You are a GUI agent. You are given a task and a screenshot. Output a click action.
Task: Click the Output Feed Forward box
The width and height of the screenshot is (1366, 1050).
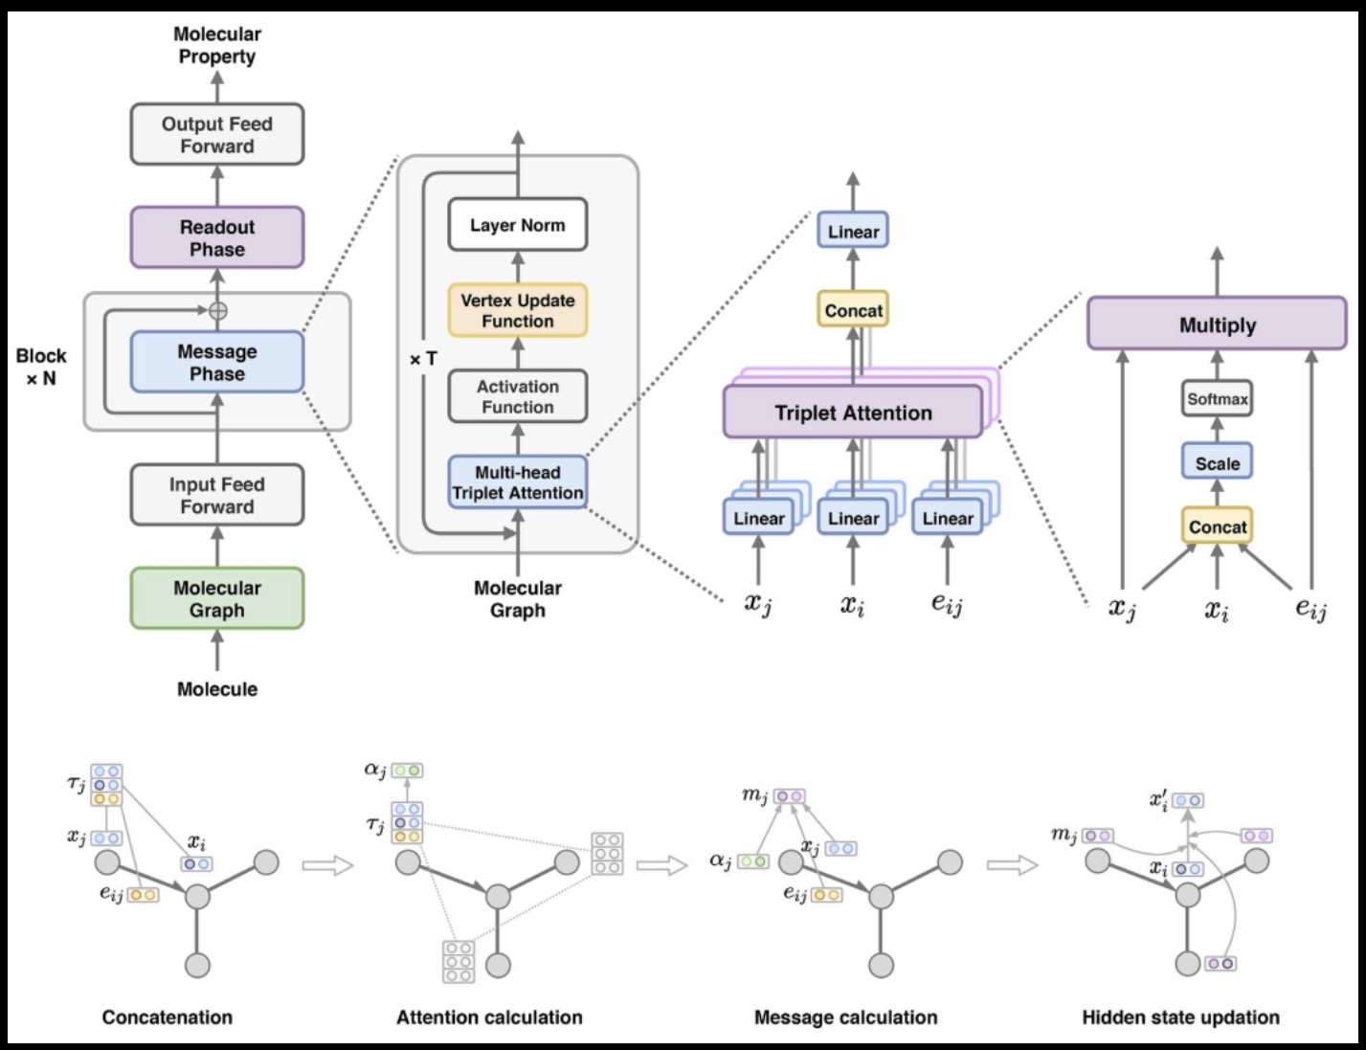(x=217, y=135)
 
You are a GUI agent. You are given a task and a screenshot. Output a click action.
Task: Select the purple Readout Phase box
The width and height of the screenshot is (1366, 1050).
(x=217, y=238)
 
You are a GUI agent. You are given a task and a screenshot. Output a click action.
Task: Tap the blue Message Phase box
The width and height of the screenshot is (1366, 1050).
(x=217, y=363)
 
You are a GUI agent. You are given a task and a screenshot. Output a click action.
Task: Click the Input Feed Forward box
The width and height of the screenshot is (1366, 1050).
(x=217, y=496)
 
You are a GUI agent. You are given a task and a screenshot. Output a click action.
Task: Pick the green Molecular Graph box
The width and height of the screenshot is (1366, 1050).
(x=217, y=599)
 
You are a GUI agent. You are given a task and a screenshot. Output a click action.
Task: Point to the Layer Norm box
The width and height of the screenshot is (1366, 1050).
(x=518, y=226)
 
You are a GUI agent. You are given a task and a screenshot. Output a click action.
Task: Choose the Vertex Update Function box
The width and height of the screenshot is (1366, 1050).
(x=518, y=311)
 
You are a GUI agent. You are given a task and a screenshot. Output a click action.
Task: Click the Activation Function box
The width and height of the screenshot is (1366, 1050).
(x=518, y=397)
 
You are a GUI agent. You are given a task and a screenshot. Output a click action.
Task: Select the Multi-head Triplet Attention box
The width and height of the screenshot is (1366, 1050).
(x=518, y=482)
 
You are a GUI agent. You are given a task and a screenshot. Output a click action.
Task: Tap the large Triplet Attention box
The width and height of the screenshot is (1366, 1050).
(x=853, y=413)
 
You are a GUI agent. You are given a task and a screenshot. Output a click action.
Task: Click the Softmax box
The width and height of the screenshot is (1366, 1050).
(x=1217, y=399)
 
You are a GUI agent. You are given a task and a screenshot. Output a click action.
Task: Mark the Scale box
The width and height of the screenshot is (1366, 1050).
(x=1217, y=463)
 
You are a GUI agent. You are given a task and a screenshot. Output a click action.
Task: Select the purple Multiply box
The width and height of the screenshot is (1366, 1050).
(x=1217, y=324)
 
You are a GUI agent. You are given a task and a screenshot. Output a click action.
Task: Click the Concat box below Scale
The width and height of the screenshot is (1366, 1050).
(x=1217, y=526)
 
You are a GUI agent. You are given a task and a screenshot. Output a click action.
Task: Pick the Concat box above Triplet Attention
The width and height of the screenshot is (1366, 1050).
(x=853, y=310)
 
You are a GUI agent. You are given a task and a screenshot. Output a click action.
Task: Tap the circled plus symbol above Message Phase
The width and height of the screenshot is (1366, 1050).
(x=218, y=310)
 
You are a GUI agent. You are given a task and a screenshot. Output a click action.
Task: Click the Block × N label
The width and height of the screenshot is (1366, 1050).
(x=41, y=367)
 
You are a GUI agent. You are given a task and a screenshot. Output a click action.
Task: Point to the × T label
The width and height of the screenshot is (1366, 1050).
(x=423, y=359)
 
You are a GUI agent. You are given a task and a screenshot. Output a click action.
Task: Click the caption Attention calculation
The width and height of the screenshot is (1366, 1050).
(x=489, y=1017)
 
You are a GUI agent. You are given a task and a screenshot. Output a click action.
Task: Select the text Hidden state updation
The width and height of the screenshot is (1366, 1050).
(x=1180, y=1017)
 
